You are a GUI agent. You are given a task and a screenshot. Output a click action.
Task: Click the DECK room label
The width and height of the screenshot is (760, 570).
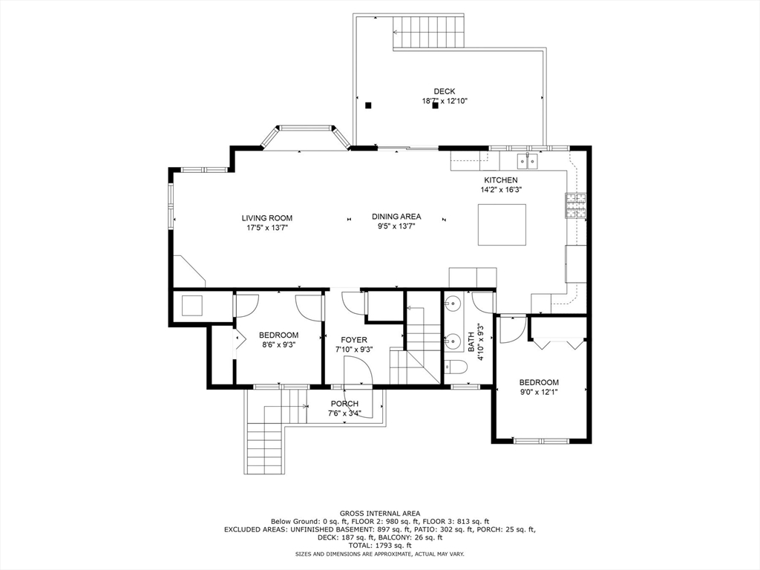[x=445, y=91]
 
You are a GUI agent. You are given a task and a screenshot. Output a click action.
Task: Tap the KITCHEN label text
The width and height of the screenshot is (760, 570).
[x=501, y=180]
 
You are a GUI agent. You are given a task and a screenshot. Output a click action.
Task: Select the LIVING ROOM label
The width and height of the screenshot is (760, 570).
[x=266, y=218]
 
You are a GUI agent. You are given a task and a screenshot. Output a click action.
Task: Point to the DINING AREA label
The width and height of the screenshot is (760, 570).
[x=396, y=217]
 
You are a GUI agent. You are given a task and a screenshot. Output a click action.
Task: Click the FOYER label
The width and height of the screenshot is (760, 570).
[x=354, y=340]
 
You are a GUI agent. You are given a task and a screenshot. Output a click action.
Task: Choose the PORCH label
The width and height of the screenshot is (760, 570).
[x=344, y=404]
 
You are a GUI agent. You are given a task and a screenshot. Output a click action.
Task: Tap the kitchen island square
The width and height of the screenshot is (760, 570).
[x=502, y=224]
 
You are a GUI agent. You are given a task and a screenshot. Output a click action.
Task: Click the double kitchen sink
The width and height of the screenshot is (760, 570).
[x=528, y=160]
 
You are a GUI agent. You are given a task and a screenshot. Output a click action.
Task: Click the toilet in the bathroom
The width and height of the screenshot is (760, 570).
[x=454, y=367]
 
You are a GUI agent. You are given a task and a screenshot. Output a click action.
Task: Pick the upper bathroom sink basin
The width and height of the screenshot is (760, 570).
[x=452, y=303]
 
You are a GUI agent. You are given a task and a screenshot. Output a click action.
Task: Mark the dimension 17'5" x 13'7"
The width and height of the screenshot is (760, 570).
[x=266, y=228]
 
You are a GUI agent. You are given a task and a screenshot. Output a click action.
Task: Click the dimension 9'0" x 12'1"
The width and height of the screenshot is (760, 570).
[x=538, y=392]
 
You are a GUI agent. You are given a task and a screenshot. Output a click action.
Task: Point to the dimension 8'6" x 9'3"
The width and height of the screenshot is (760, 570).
[x=278, y=344]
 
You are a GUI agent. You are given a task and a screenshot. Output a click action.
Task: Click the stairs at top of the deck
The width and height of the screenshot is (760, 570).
[x=428, y=33]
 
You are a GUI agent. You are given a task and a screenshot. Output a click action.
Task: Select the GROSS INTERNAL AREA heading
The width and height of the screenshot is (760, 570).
[x=379, y=513]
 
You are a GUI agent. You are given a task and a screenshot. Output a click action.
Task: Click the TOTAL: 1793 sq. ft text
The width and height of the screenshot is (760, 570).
[x=379, y=546]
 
